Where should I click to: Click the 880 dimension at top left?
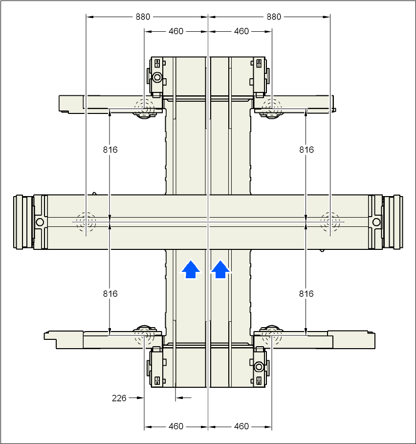coord(143,17)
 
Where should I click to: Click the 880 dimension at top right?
coord(274,17)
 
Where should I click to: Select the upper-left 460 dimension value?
coord(175,31)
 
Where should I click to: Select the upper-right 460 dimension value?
coord(241,31)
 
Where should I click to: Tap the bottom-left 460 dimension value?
coord(175,426)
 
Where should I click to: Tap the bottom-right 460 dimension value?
coord(241,426)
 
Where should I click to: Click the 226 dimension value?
coord(119,398)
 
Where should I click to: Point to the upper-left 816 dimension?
coord(110,150)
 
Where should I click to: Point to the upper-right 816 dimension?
coord(307,150)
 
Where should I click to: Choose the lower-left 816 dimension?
coord(110,294)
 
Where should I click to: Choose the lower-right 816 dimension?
coord(307,294)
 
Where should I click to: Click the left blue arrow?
coord(191,269)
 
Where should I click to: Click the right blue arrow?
coord(221,269)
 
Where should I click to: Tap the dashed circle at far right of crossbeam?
coord(330,222)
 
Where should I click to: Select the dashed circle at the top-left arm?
coord(144,107)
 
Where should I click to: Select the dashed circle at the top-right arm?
coord(272,107)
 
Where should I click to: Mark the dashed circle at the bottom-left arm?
coord(144,335)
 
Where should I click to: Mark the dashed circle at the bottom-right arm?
coord(272,335)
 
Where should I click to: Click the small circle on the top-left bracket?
coord(157,77)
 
